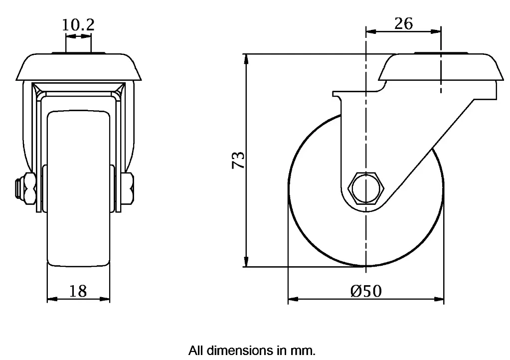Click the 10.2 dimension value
(x=78, y=25)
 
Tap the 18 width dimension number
(x=78, y=291)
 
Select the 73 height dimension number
(x=239, y=160)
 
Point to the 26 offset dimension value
(x=403, y=23)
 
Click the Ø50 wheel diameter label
(x=366, y=291)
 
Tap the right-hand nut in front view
(x=128, y=189)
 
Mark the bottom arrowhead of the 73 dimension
(x=246, y=262)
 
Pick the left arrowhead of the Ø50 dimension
(x=293, y=300)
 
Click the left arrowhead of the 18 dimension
(x=51, y=300)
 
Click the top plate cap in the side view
(x=439, y=67)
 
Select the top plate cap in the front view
(x=78, y=67)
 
